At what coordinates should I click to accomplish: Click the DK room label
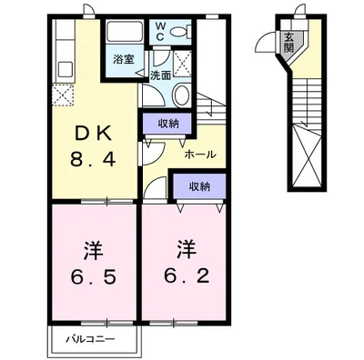93,134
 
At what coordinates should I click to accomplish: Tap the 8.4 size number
93,159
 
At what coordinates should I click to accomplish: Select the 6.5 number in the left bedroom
94,276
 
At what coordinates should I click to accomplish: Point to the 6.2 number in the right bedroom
187,275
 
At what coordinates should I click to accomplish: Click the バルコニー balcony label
91,339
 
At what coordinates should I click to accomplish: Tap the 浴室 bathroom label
124,59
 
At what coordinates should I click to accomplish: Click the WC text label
160,32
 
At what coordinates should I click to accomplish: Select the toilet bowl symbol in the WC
181,31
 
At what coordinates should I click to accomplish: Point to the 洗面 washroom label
161,75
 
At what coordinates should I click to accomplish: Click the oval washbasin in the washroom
181,95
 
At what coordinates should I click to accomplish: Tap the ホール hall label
200,155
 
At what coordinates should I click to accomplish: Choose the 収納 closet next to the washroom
167,124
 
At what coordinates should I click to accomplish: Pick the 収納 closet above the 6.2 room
199,186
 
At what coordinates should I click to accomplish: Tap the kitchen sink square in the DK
66,70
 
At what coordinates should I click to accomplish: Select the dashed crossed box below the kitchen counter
63,95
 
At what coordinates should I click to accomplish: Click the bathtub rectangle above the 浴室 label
126,32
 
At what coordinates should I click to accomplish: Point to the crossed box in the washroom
182,64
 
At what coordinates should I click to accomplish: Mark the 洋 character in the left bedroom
93,251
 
